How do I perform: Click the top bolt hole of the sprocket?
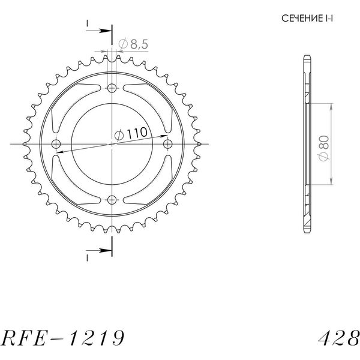(112, 88)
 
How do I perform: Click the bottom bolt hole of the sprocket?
(112, 200)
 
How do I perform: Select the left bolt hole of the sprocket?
(56, 144)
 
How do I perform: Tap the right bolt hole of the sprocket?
(168, 144)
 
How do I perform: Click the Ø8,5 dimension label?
(133, 44)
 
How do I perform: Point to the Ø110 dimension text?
(131, 134)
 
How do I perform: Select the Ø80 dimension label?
(323, 148)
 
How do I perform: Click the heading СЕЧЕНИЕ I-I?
(307, 19)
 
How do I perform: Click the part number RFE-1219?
(62, 338)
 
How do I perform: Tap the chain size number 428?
(338, 338)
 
